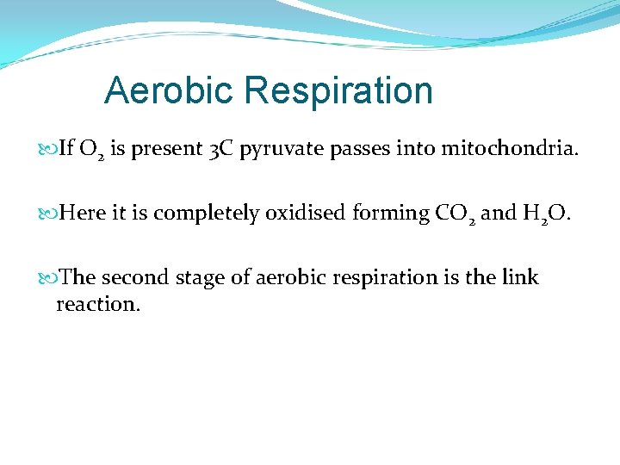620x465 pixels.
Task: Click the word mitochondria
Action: (x=510, y=150)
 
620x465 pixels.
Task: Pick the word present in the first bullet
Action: (x=165, y=150)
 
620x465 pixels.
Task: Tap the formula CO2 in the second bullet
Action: (x=452, y=214)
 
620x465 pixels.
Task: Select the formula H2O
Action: (x=546, y=214)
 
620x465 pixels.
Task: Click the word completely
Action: (x=207, y=214)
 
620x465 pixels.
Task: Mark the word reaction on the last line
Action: (x=97, y=304)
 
